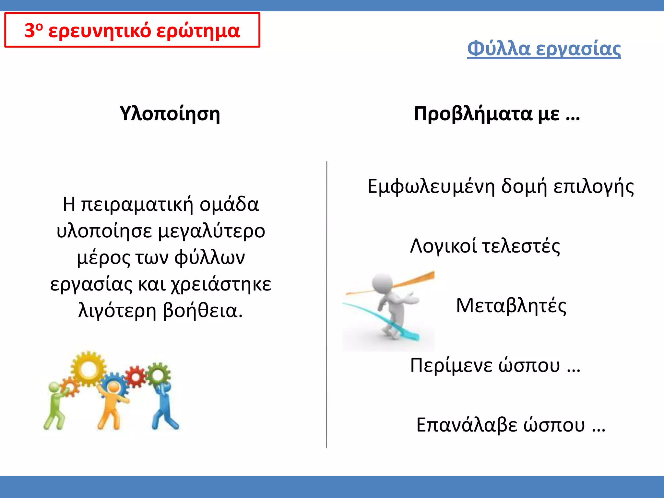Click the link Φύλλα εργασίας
[x=544, y=49]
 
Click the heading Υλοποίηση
[x=170, y=114]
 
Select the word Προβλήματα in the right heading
[x=473, y=114]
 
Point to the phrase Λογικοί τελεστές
[x=485, y=246]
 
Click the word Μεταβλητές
[x=511, y=305]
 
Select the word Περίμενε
[x=450, y=365]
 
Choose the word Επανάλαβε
[x=467, y=425]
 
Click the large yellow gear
[x=88, y=369]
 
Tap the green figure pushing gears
[x=55, y=407]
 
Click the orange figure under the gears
[x=112, y=405]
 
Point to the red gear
[x=136, y=376]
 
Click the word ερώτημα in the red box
[x=198, y=31]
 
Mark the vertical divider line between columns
[x=326, y=305]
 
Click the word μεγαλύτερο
[x=212, y=231]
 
